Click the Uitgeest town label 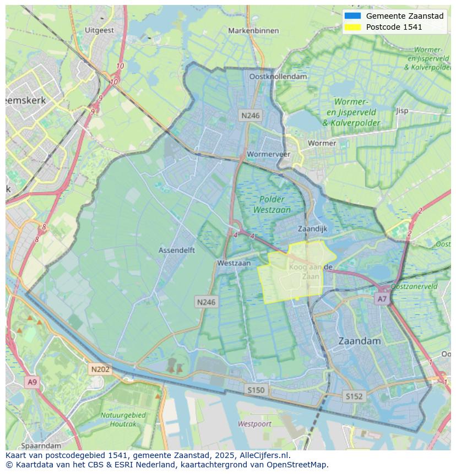coord(100,30)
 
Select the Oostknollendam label coord(278,77)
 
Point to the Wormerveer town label coord(268,154)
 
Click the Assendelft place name coord(176,250)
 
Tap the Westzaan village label coord(234,263)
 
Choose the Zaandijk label coord(312,228)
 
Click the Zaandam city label coord(359,341)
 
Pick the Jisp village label coord(402,111)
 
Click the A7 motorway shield coord(382,299)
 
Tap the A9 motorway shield coord(32,382)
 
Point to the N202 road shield coord(100,369)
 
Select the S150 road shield coord(256,390)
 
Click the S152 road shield coord(354,396)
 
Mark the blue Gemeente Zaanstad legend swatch coord(352,16)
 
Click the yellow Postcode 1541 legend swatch coord(352,26)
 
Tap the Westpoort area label coord(255,423)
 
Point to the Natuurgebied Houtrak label coord(123,419)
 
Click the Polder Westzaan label coord(272,204)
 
